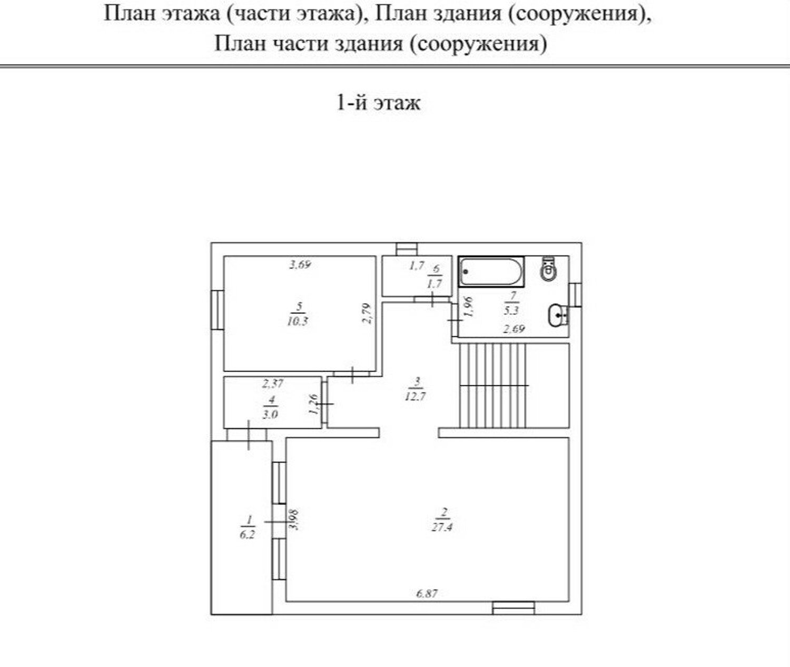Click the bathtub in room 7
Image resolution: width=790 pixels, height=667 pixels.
point(491,272)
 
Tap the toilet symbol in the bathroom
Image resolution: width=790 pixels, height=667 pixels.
point(548,269)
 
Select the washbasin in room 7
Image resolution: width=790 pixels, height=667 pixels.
point(558,315)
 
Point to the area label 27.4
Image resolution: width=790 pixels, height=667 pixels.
point(442,527)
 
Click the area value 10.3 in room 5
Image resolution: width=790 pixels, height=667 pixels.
point(298,322)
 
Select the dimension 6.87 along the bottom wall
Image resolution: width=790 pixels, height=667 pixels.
point(427,593)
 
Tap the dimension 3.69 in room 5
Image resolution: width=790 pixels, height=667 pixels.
point(300,264)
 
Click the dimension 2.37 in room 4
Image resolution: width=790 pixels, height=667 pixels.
point(272,383)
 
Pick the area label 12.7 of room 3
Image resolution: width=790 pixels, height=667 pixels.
point(415,396)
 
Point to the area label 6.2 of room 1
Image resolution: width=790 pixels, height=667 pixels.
point(248,535)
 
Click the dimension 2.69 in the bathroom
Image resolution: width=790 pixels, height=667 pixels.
point(514,328)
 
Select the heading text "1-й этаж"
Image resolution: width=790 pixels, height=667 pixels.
point(378,103)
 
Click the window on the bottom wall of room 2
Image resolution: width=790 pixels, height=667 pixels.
point(513,608)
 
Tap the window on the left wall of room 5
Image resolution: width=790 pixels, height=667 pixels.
point(217,310)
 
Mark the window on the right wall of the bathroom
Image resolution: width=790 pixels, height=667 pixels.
point(576,295)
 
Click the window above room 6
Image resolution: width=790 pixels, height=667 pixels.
point(407,250)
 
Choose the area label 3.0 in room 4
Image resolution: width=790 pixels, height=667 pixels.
point(270,414)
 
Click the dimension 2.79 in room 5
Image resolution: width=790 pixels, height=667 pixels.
point(367,313)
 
